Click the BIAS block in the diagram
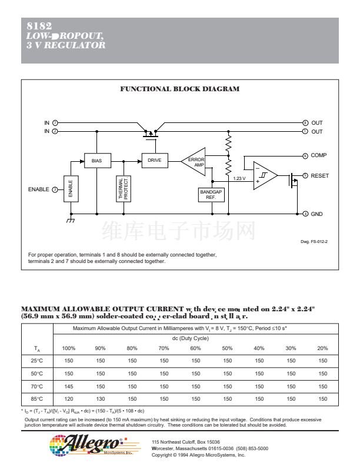point(96,160)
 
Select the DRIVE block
point(155,160)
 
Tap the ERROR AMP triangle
point(195,162)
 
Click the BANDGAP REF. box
point(212,194)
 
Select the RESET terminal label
point(320,175)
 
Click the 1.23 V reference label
point(239,178)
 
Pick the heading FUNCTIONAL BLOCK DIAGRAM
point(180,89)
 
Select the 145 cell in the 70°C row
point(69,386)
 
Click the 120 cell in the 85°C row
point(69,398)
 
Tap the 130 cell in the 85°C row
point(101,398)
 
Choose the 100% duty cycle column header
point(69,348)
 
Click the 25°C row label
point(37,361)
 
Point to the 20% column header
point(323,348)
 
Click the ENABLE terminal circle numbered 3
point(55,189)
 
